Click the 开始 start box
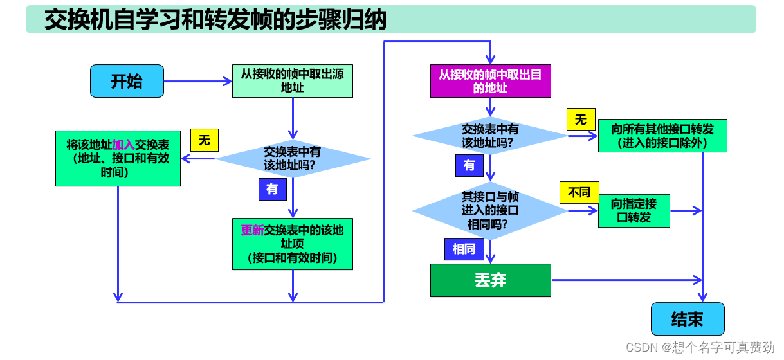click(x=127, y=81)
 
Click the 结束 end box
click(x=687, y=319)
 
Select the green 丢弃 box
click(x=490, y=280)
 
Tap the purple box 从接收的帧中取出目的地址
click(x=490, y=81)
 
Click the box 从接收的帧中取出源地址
click(x=292, y=81)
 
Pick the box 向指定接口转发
click(x=634, y=211)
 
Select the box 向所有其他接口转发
click(x=662, y=136)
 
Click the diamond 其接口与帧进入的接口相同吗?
click(x=490, y=210)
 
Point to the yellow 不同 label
click(x=579, y=192)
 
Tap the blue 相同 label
click(x=464, y=249)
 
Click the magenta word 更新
click(x=253, y=230)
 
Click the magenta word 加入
click(x=123, y=145)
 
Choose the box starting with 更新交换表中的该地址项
click(x=292, y=244)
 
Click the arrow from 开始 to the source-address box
click(x=197, y=81)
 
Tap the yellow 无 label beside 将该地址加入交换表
click(x=204, y=139)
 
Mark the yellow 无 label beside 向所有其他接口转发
click(x=580, y=120)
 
